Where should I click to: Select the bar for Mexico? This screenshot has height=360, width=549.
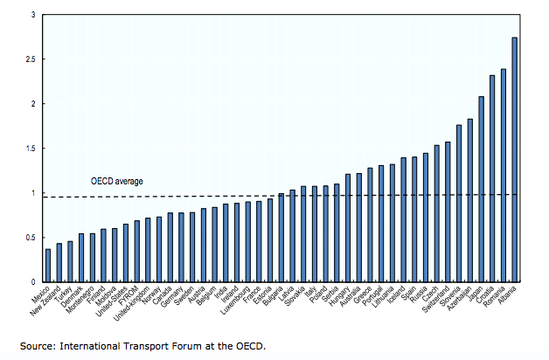(48, 266)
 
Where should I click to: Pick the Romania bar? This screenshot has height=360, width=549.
(503, 176)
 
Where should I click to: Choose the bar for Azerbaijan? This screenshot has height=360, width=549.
(469, 200)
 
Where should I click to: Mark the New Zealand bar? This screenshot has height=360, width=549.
(59, 263)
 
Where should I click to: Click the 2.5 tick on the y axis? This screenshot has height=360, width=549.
(29, 59)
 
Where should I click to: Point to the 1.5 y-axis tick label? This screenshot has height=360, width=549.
(29, 149)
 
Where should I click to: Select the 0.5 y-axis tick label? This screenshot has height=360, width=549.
(29, 238)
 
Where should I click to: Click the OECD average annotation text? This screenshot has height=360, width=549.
(116, 182)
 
